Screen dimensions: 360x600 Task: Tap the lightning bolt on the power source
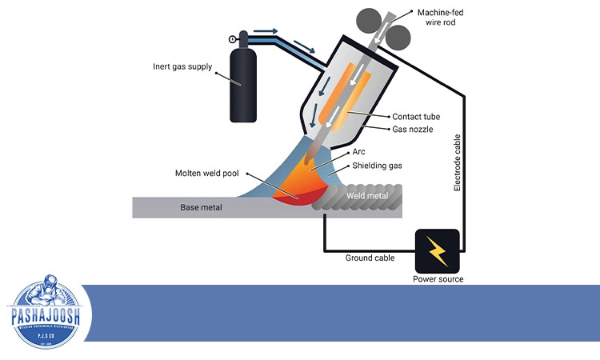pyautogui.click(x=437, y=251)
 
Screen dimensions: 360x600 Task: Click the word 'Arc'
pyautogui.click(x=359, y=152)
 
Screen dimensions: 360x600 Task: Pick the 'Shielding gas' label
pyautogui.click(x=378, y=166)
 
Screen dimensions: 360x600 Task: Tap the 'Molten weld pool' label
pyautogui.click(x=209, y=173)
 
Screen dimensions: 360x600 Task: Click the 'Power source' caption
pyautogui.click(x=437, y=279)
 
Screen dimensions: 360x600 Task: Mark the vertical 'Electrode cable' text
pyautogui.click(x=458, y=165)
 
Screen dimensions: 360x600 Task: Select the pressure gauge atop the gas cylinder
pyautogui.click(x=233, y=39)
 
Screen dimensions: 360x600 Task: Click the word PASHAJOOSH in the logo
pyautogui.click(x=47, y=314)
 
